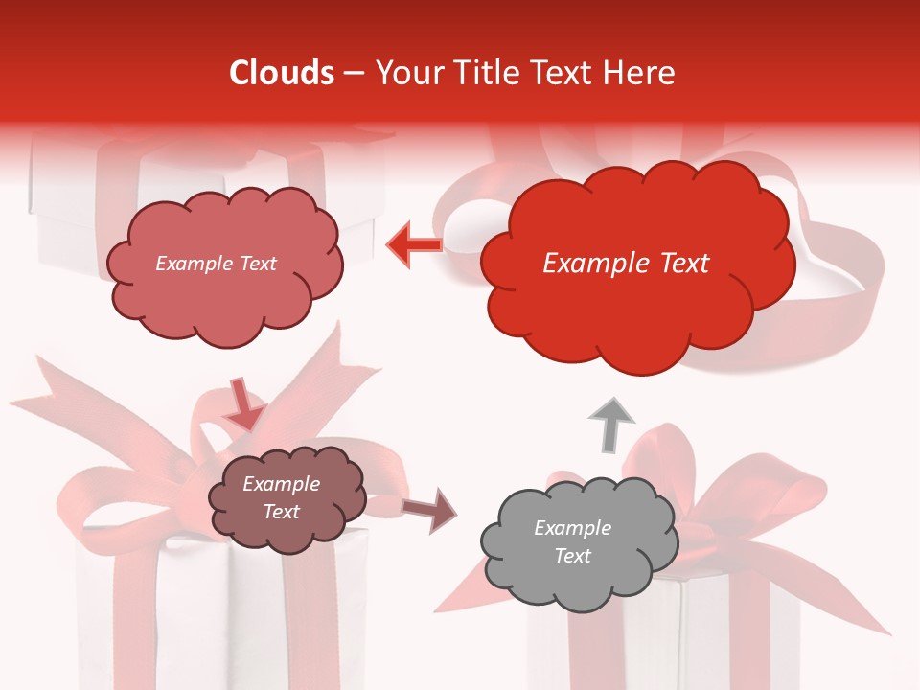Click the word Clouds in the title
[x=282, y=73]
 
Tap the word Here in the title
[x=638, y=73]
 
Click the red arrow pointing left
[x=414, y=245]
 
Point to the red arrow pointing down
[x=243, y=404]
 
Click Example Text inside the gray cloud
[x=572, y=541]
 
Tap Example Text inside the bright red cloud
[x=626, y=264]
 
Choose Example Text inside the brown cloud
[x=282, y=497]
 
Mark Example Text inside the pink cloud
[x=216, y=264]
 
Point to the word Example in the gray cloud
[x=572, y=528]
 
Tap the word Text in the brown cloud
[x=282, y=512]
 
